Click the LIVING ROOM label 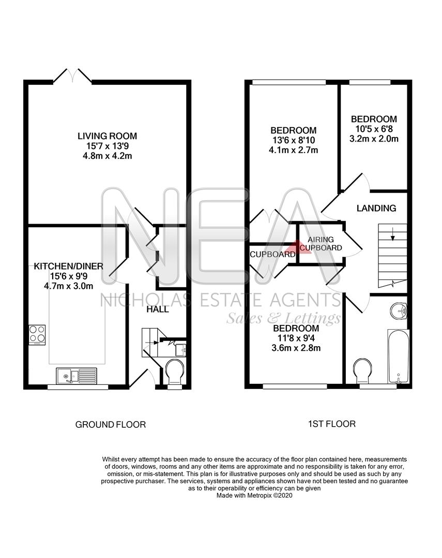(107, 136)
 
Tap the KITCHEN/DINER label (69, 267)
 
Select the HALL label (157, 309)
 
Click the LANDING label (376, 208)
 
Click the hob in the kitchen (36, 334)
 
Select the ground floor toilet (174, 372)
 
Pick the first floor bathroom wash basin (399, 311)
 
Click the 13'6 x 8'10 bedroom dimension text (294, 141)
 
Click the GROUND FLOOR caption (111, 425)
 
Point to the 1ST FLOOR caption (332, 424)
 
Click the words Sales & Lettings (283, 317)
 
